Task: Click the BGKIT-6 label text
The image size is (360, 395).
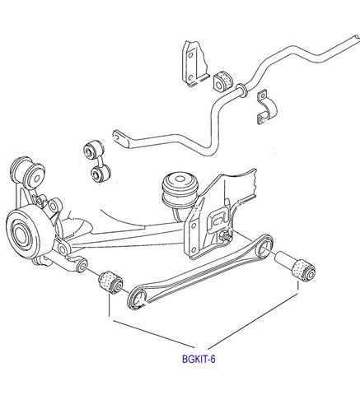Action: pos(199,359)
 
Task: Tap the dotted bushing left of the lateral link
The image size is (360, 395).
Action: pos(110,282)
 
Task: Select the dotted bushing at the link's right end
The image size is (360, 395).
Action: pos(304,269)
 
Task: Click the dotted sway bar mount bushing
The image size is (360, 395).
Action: pos(222,81)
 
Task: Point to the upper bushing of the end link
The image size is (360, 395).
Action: pos(92,150)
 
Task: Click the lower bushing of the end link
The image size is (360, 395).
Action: pos(100,174)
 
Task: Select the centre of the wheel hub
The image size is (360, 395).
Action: pos(20,235)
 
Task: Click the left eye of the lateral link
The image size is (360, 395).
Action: pos(139,299)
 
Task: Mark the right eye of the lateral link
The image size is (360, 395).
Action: pos(264,245)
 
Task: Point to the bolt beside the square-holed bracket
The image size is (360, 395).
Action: pos(226,236)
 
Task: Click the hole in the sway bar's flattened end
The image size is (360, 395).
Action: pos(118,136)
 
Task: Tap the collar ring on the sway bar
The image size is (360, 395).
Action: pos(241,91)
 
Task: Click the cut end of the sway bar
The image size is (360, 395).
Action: pos(357,38)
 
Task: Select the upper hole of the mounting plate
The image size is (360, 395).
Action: pos(190,55)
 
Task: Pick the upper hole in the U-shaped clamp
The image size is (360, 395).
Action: pos(263,95)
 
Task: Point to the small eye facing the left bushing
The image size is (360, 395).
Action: pos(82,265)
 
